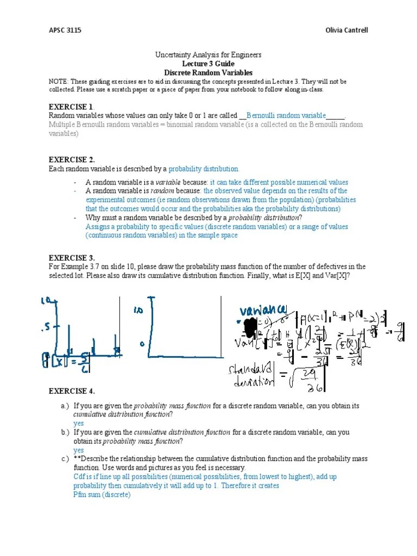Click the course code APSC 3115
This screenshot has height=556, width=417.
tap(65, 30)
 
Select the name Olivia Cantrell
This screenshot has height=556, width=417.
tap(343, 30)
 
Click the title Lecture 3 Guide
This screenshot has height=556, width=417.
tap(208, 64)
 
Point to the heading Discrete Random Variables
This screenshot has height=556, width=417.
tap(208, 72)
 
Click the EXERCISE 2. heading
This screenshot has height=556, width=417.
tap(72, 160)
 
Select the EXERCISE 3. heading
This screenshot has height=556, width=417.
tap(72, 257)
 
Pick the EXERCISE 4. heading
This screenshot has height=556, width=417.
tap(72, 391)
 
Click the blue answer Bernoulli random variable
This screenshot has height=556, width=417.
tap(286, 116)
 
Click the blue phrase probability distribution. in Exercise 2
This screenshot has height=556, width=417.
tap(204, 169)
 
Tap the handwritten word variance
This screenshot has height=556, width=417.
tap(266, 311)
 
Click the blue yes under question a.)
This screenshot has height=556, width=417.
tap(79, 423)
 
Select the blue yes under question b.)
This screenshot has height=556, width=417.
tap(79, 450)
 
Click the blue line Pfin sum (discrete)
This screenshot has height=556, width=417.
tap(102, 495)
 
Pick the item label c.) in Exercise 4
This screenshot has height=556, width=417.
tap(65, 459)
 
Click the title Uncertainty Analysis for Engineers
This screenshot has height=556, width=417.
tap(208, 55)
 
